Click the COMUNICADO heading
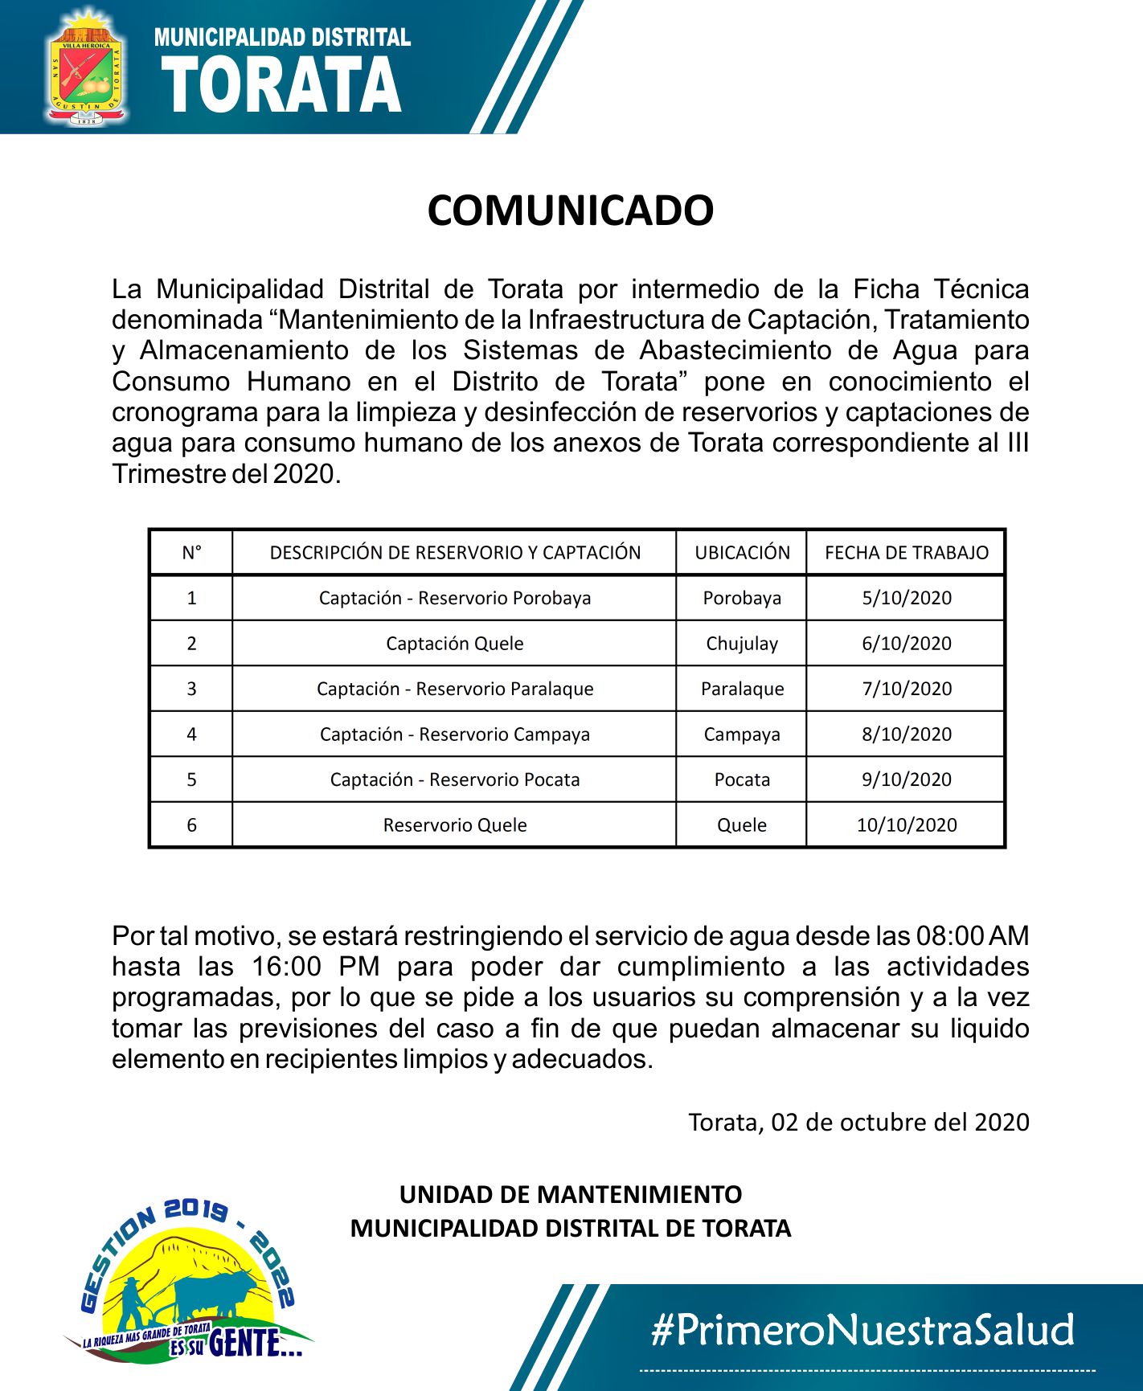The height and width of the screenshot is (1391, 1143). tap(570, 211)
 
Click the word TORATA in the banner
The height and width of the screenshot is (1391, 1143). tap(281, 87)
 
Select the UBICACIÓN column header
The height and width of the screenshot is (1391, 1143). tap(742, 553)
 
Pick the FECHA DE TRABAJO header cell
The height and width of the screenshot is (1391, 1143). tap(906, 553)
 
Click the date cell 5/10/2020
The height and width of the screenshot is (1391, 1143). tap(906, 598)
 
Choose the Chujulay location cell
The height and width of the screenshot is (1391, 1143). tap(742, 644)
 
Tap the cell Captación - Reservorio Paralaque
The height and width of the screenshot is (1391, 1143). tap(455, 689)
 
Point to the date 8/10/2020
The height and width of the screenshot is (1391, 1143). tap(906, 734)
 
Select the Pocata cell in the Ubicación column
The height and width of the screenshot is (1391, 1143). tap(742, 779)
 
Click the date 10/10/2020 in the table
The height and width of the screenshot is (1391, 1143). tap(906, 825)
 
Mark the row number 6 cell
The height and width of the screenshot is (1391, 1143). tap(191, 825)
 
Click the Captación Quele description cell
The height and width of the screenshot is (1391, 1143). tap(455, 644)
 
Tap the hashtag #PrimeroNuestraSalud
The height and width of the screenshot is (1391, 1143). tap(862, 1330)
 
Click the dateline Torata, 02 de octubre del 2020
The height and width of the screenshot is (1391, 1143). tap(858, 1122)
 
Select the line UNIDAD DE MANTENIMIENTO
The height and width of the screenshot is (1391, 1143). tap(570, 1194)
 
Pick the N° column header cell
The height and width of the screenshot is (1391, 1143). tap(191, 553)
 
